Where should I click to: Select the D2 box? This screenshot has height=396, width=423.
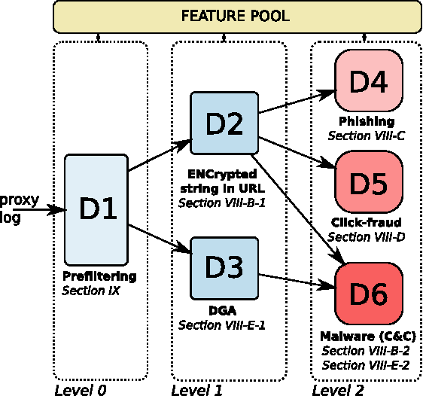coord(224,123)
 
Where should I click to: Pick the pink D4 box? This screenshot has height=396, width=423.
coord(369,81)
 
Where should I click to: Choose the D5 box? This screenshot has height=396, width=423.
coord(369,182)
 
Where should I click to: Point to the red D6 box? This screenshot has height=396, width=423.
coord(369,294)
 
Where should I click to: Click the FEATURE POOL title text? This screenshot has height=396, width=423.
coord(237,16)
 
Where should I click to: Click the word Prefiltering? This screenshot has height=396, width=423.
coord(99,276)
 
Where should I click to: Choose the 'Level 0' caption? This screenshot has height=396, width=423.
coord(80,389)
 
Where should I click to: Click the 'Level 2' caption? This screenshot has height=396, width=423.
coord(338,389)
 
